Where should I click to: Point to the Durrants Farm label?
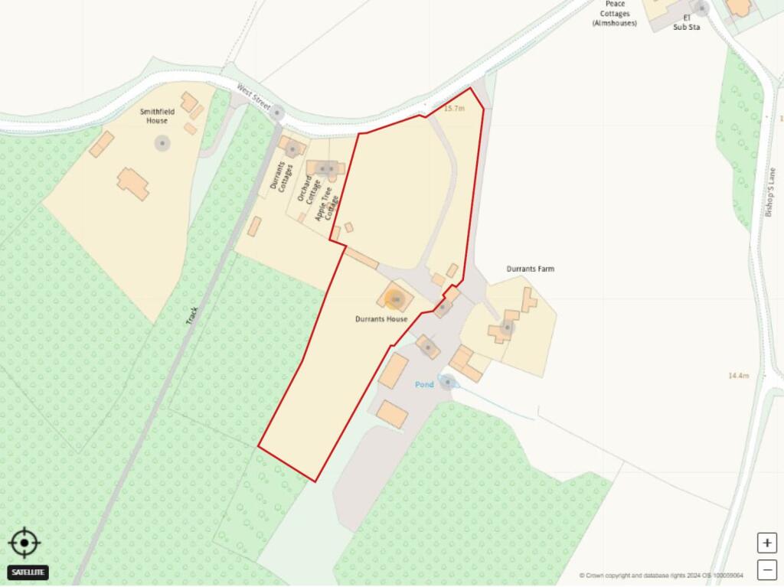(530, 269)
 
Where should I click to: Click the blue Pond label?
(424, 384)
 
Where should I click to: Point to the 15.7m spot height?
(454, 109)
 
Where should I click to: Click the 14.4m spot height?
(738, 376)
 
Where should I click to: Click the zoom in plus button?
(766, 543)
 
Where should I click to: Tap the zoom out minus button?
(766, 569)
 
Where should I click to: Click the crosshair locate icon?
(24, 543)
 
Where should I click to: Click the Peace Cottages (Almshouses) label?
(614, 14)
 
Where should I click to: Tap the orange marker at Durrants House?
(395, 298)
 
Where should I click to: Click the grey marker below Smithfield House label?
(162, 143)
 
